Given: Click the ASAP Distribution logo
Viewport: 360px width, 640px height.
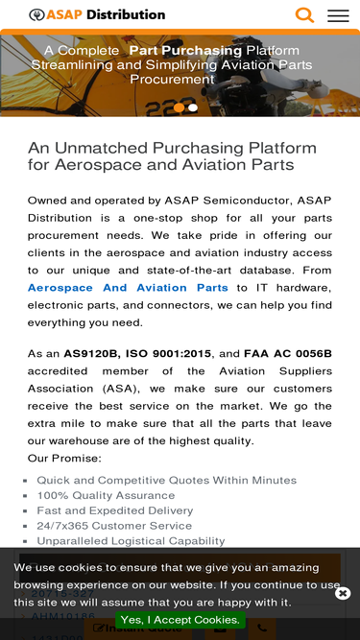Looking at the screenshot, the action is [97, 15].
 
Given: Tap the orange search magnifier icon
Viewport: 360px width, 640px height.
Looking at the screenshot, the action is [304, 15].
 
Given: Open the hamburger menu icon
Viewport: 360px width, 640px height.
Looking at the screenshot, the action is [338, 15].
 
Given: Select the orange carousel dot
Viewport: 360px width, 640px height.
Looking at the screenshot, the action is [179, 107].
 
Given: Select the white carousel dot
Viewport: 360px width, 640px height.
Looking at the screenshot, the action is [193, 107].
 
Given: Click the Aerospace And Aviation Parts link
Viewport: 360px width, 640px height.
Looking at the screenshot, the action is [128, 288].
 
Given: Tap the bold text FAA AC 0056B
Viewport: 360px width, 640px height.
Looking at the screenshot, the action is [288, 353].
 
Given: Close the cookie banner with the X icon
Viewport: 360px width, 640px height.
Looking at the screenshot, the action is [343, 593].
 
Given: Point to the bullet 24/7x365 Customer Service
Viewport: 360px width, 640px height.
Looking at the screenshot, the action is [113, 526].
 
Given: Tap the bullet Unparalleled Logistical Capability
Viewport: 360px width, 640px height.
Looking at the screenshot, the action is [131, 541].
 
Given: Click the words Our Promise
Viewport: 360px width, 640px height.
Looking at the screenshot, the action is [64, 458].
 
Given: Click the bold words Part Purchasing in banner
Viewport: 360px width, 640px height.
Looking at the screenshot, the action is [185, 50].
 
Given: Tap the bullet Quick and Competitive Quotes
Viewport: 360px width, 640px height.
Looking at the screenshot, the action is [166, 480].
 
